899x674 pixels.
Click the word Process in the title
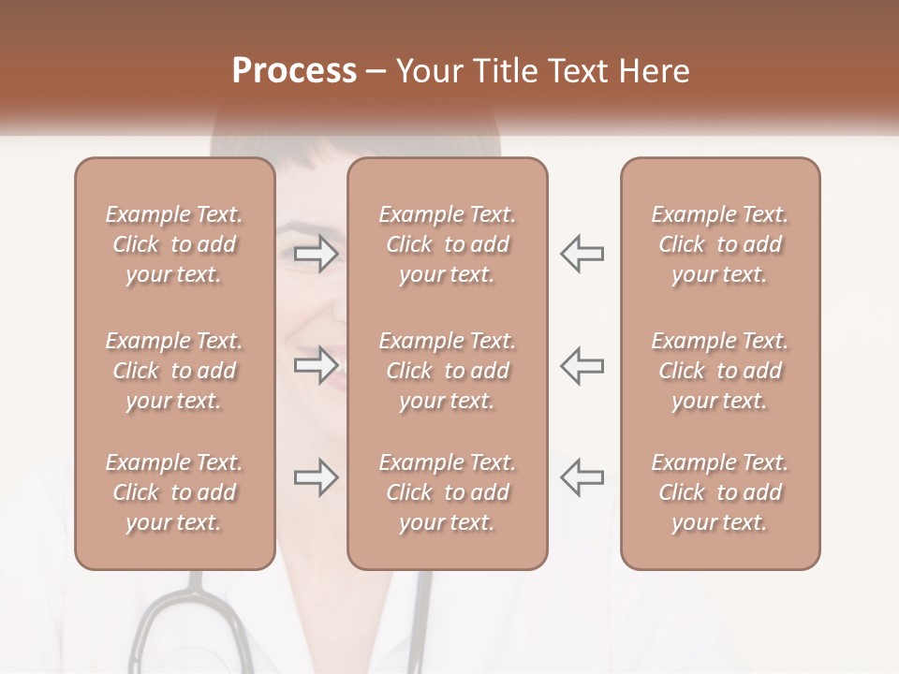294,70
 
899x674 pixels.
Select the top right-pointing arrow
316,253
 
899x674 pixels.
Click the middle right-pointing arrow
316,364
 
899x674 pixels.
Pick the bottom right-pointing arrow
316,477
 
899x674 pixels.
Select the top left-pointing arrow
582,253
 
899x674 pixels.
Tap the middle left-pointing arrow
582,364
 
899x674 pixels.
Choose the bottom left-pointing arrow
582,477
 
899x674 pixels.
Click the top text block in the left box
174,244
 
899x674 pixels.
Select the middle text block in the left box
174,371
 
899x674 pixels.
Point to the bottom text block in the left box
174,492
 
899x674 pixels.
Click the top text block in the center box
447,244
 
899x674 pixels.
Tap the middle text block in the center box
447,371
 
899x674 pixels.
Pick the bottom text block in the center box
447,492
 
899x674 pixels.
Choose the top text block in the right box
720,244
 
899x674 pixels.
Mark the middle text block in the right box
720,371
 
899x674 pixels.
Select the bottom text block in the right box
720,492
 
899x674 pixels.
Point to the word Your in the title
426,70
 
